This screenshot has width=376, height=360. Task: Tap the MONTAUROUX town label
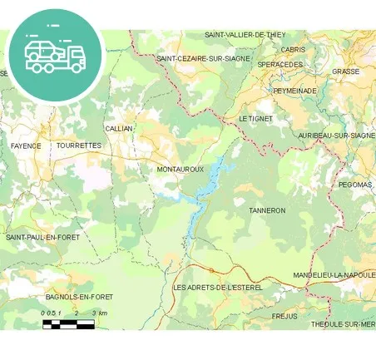pos(181,169)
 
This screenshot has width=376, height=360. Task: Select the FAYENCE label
pos(26,145)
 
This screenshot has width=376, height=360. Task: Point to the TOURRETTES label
pos(79,145)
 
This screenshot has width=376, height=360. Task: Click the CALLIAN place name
pos(119,129)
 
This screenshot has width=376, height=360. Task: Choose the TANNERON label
pos(267,210)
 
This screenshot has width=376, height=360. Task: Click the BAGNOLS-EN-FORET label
pos(79,296)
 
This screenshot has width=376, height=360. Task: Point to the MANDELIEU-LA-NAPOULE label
pos(334,274)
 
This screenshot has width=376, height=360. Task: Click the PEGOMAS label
pos(356,185)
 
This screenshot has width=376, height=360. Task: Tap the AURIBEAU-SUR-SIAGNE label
pos(336,135)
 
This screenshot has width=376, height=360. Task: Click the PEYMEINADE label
pos(294,90)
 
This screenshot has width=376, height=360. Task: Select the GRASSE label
pos(345,72)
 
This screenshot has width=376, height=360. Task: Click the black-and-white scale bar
pos(69,324)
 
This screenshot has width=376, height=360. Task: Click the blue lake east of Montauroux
pos(214,176)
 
